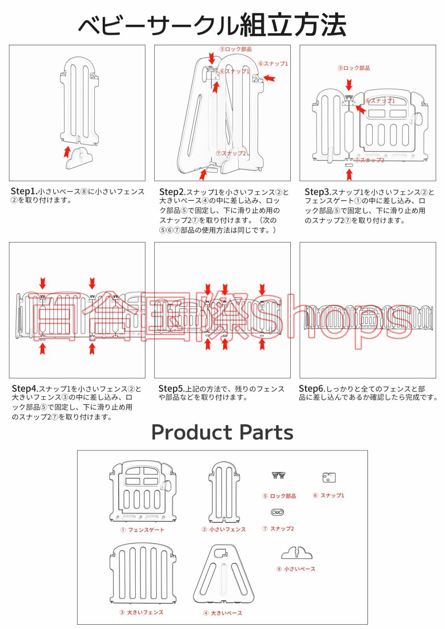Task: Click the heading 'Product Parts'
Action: tap(222, 432)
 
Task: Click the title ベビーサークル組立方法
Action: tap(212, 25)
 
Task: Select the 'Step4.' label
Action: tap(25, 389)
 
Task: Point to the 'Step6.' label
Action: tap(312, 389)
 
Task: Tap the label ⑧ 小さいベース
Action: tap(296, 569)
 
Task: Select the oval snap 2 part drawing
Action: tap(277, 512)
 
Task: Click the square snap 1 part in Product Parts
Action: tap(329, 477)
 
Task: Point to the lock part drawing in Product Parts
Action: tap(278, 475)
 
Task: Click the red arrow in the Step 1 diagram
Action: tap(66, 152)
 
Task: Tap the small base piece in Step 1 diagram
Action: tap(79, 159)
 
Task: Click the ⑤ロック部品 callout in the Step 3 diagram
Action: tap(354, 68)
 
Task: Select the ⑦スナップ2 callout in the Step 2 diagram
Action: tap(231, 153)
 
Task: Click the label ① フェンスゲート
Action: tap(142, 530)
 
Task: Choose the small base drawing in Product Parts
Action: tap(297, 553)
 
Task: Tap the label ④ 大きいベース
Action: tap(222, 613)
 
